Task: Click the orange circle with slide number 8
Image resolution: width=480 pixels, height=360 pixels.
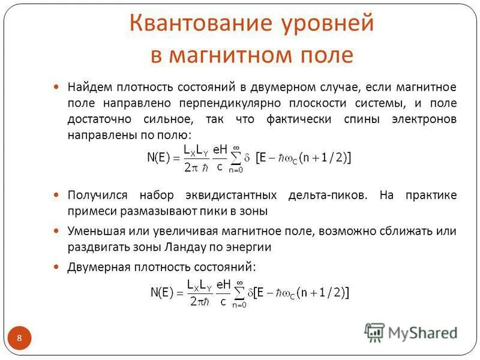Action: pos(19,338)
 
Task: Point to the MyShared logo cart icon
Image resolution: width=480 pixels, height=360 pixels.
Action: pos(375,332)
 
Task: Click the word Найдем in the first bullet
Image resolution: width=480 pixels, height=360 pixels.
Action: pos(90,87)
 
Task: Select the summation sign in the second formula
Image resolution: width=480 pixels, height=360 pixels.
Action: pos(239,293)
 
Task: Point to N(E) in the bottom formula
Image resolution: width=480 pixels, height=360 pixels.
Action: pos(161,292)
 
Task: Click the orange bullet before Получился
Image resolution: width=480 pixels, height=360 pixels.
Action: pos(57,196)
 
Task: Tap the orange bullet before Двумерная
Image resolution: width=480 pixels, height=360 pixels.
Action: pos(57,266)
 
